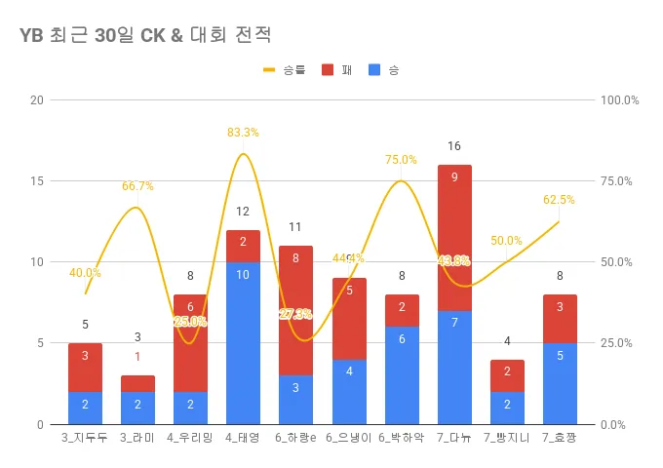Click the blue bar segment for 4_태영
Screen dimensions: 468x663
pos(243,342)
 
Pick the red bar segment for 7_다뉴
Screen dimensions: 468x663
pos(453,237)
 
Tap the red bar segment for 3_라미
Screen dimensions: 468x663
pos(137,383)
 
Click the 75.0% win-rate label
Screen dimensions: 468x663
pos(401,160)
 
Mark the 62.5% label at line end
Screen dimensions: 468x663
pos(559,200)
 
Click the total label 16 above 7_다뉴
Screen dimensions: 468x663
pos(453,146)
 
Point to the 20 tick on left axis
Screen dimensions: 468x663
pos(37,100)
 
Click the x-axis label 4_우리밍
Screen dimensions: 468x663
pos(190,438)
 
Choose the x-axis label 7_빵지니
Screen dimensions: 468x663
pos(506,438)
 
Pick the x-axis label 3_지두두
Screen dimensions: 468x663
pos(85,438)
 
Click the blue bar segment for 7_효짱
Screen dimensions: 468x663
pos(559,383)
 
